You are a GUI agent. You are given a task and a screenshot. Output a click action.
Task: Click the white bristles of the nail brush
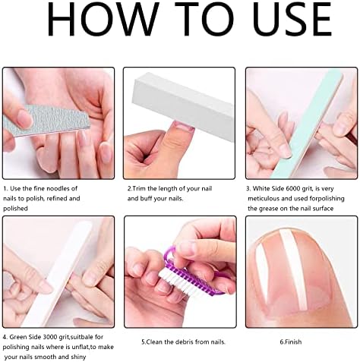click(x=169, y=281)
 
